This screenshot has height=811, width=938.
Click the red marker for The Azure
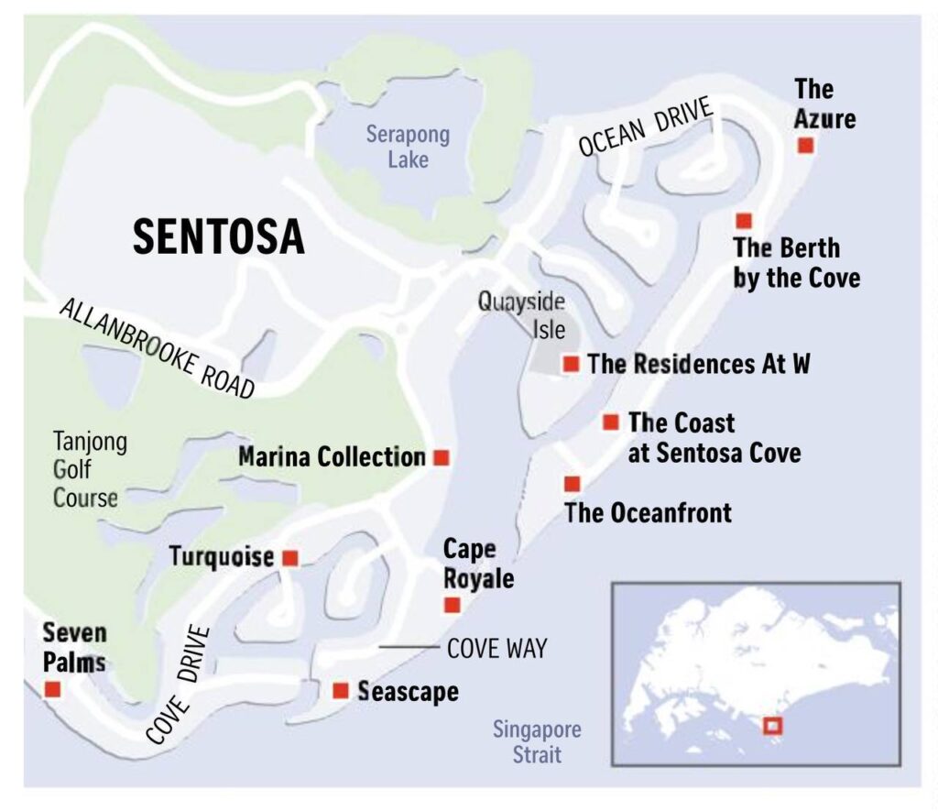click(x=806, y=146)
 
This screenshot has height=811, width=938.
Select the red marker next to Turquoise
click(x=290, y=557)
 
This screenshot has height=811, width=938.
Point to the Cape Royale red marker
click(x=452, y=605)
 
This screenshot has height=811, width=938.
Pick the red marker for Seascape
click(x=341, y=690)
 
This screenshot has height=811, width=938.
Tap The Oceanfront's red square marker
click(x=573, y=484)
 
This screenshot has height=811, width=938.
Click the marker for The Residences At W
click(x=572, y=364)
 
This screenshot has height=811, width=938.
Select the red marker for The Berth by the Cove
click(x=744, y=220)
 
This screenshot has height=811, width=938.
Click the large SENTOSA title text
click(x=218, y=237)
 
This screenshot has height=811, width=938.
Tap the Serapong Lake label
click(x=408, y=147)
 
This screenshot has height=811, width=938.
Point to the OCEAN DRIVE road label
click(x=645, y=127)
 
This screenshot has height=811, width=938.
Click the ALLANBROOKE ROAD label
click(x=157, y=347)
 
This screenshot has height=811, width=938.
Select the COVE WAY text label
click(x=496, y=649)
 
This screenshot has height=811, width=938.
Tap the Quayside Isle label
click(x=520, y=314)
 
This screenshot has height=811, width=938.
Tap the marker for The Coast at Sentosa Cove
click(x=611, y=422)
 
